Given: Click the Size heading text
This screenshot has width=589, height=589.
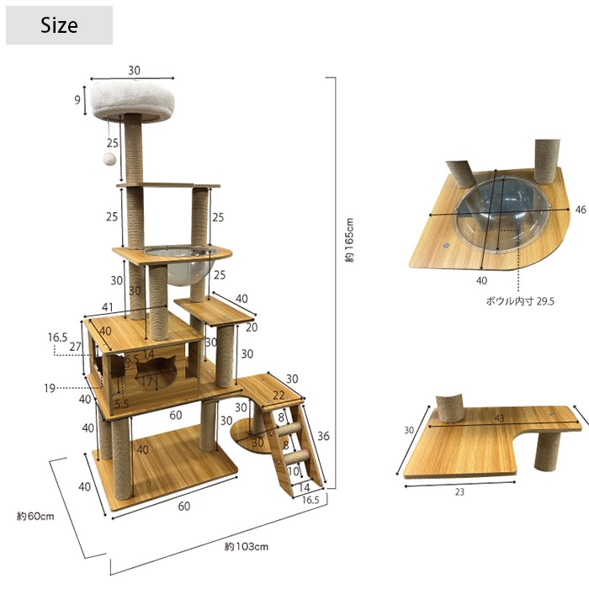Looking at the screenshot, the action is (x=59, y=25).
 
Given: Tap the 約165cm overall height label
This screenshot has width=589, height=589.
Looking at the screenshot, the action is (x=349, y=240).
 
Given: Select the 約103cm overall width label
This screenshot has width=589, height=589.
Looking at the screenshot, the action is (x=247, y=546).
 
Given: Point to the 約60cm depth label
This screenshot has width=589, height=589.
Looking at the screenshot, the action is (x=35, y=516).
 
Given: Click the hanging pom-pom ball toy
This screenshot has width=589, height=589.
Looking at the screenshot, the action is (x=109, y=158).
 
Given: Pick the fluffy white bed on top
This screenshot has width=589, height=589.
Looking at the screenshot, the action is (x=132, y=101).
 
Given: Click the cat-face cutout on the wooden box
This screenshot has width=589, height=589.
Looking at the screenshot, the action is (x=156, y=373).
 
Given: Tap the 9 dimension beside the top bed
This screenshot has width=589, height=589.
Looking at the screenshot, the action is (x=77, y=100).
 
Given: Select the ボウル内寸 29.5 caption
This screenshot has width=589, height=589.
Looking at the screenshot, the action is (x=520, y=301).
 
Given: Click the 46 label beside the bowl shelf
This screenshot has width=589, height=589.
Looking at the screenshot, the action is (x=581, y=210).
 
